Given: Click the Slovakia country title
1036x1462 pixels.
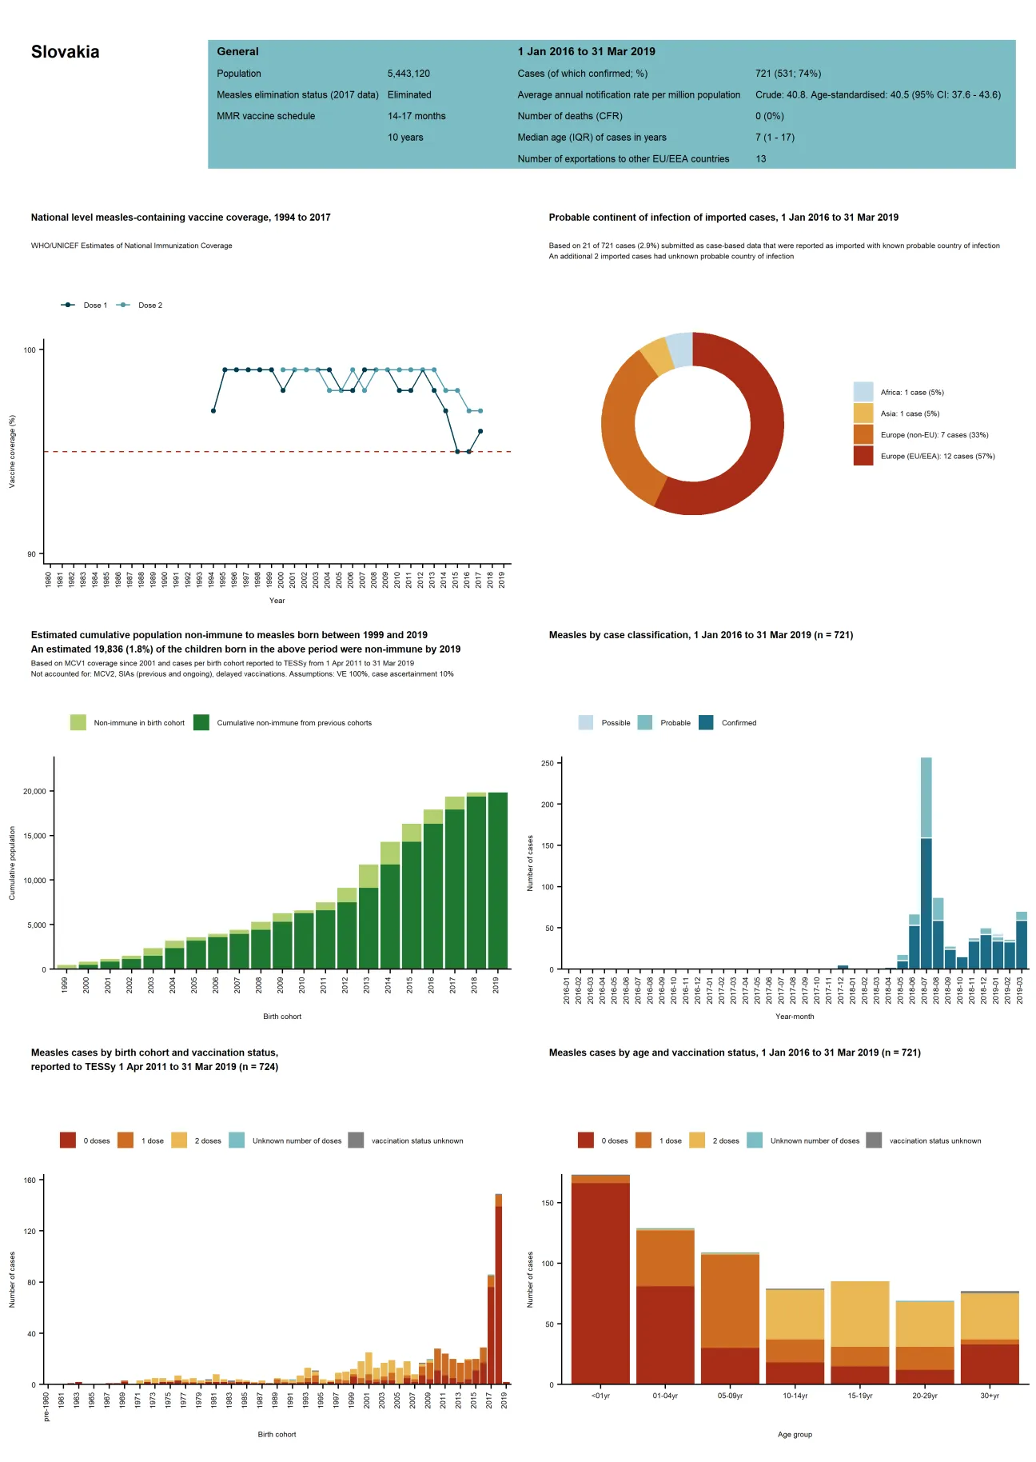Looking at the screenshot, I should (x=65, y=52).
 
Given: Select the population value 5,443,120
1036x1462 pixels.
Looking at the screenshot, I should (x=408, y=74).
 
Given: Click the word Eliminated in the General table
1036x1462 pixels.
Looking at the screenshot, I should (x=408, y=94).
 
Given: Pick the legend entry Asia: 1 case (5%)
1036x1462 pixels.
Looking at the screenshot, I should (x=909, y=413).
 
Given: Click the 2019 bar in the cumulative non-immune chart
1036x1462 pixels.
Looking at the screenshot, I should (x=497, y=880).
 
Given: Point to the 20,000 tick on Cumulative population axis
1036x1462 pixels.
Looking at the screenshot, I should (x=34, y=792).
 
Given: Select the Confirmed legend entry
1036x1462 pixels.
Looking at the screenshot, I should (x=738, y=723).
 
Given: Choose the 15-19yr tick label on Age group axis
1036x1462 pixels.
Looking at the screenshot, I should (x=859, y=1396).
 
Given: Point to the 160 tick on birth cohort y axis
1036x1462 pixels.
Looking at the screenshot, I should (x=29, y=1180).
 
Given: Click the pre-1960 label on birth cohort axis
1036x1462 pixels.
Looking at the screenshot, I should (x=46, y=1406).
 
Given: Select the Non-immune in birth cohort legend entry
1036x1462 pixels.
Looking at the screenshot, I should (x=138, y=723).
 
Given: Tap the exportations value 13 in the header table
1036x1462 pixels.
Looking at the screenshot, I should (x=760, y=159).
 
